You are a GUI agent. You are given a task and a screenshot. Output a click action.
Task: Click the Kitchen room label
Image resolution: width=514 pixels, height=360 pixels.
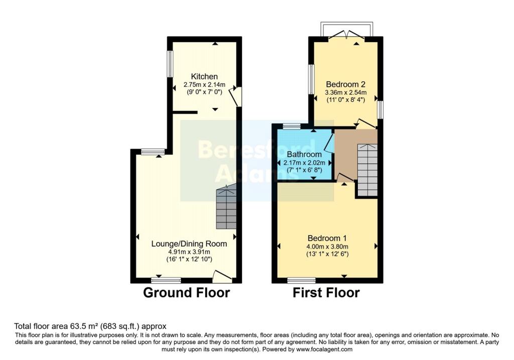tap(204, 76)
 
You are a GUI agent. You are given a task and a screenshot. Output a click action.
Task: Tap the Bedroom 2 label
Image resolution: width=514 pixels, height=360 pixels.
tap(345, 84)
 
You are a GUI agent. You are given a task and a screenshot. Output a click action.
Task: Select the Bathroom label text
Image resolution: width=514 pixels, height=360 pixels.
tap(304, 154)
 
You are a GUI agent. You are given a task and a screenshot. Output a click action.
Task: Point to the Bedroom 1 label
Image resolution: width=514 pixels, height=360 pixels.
tap(327, 238)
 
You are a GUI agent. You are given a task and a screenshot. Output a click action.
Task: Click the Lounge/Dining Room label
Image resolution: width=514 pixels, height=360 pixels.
tap(189, 244)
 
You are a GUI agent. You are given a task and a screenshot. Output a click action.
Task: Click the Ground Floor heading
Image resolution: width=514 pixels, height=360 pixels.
tap(187, 292)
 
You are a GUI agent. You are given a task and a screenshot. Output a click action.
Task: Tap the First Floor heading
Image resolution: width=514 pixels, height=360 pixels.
tap(326, 292)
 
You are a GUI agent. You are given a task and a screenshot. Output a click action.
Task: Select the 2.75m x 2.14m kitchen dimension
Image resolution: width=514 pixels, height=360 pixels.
tap(204, 84)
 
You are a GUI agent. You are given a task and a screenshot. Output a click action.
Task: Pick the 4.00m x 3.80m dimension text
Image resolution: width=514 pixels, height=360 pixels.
tap(327, 247)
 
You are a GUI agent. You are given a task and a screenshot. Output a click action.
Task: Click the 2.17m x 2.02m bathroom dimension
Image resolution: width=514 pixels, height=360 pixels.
tap(304, 163)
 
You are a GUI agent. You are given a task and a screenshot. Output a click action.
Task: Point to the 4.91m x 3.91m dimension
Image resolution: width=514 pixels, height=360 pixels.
tap(189, 252)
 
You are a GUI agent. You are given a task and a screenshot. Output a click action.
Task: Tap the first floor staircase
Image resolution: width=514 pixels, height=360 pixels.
tap(367, 170)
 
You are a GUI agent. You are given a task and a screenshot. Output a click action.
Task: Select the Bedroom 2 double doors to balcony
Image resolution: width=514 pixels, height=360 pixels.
tap(347, 36)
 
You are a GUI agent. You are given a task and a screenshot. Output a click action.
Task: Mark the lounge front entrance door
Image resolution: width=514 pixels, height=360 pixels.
tap(222, 277)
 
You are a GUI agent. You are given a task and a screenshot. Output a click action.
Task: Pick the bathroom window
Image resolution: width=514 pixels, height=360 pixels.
tap(292, 126)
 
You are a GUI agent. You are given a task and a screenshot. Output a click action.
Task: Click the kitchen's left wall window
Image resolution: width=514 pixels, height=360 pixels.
tap(170, 64)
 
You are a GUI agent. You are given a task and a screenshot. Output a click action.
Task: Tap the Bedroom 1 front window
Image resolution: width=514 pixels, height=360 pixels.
tap(301, 280)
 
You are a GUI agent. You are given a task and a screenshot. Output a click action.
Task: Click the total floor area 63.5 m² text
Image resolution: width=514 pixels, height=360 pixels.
tap(90, 326)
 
